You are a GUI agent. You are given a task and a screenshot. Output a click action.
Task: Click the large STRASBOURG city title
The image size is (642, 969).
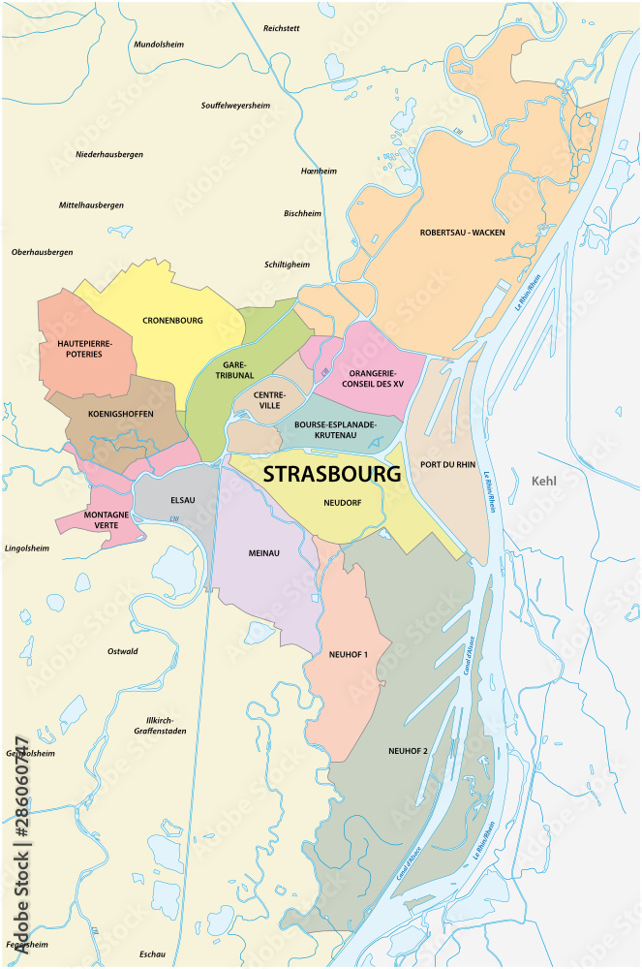click(x=331, y=475)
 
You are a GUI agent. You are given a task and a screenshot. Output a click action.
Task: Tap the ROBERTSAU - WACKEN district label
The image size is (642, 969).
click(x=462, y=233)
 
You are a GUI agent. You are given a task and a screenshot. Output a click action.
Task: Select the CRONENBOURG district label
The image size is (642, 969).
click(x=172, y=320)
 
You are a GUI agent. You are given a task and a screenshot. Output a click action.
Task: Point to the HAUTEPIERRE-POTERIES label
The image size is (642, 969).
click(x=85, y=349)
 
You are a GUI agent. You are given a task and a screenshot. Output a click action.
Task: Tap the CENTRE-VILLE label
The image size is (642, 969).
click(x=269, y=400)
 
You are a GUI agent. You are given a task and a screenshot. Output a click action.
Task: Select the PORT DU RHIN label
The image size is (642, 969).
click(x=448, y=464)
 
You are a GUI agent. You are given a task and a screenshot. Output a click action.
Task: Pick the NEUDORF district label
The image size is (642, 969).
click(x=343, y=503)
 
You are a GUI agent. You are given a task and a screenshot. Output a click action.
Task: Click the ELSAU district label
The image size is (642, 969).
click(x=182, y=502)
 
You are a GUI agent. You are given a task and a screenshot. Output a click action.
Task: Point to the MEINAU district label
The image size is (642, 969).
click(x=263, y=552)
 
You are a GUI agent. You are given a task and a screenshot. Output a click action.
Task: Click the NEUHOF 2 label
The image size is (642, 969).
click(x=407, y=751)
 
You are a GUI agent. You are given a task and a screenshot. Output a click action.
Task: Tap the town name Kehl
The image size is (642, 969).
click(x=546, y=481)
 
